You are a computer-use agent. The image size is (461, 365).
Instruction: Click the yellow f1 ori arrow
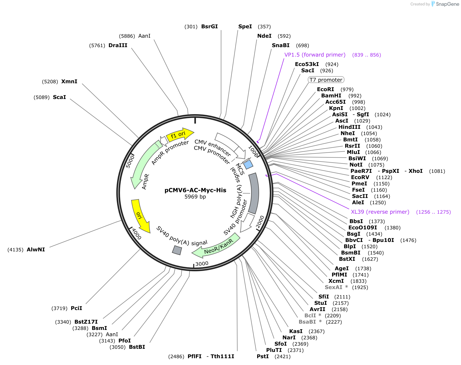point(179,135)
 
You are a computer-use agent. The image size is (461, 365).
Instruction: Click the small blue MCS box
point(248,165)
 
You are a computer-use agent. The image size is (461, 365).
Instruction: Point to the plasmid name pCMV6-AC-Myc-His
point(195,190)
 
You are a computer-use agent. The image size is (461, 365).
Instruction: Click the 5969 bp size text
point(195,197)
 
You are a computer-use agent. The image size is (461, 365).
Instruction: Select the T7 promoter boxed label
point(326,80)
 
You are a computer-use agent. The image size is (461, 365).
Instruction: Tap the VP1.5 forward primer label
point(315,55)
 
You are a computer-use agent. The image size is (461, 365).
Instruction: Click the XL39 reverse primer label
point(380,212)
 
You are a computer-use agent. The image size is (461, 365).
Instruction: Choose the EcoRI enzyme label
point(325,89)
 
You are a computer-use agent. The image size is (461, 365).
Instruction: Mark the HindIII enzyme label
point(349,127)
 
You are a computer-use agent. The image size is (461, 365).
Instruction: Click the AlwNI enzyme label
point(36,250)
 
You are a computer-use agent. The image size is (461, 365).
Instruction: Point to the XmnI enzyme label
point(69,81)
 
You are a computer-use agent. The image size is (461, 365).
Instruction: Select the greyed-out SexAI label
point(333,287)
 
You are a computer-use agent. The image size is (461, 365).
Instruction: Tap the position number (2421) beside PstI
point(283,356)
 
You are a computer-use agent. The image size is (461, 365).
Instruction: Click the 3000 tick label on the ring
point(202,264)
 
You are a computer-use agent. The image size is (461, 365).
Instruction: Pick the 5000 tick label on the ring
point(130,161)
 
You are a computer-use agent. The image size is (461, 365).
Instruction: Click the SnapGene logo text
point(447,4)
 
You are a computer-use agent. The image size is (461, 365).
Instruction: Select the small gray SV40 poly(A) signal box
point(177,250)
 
